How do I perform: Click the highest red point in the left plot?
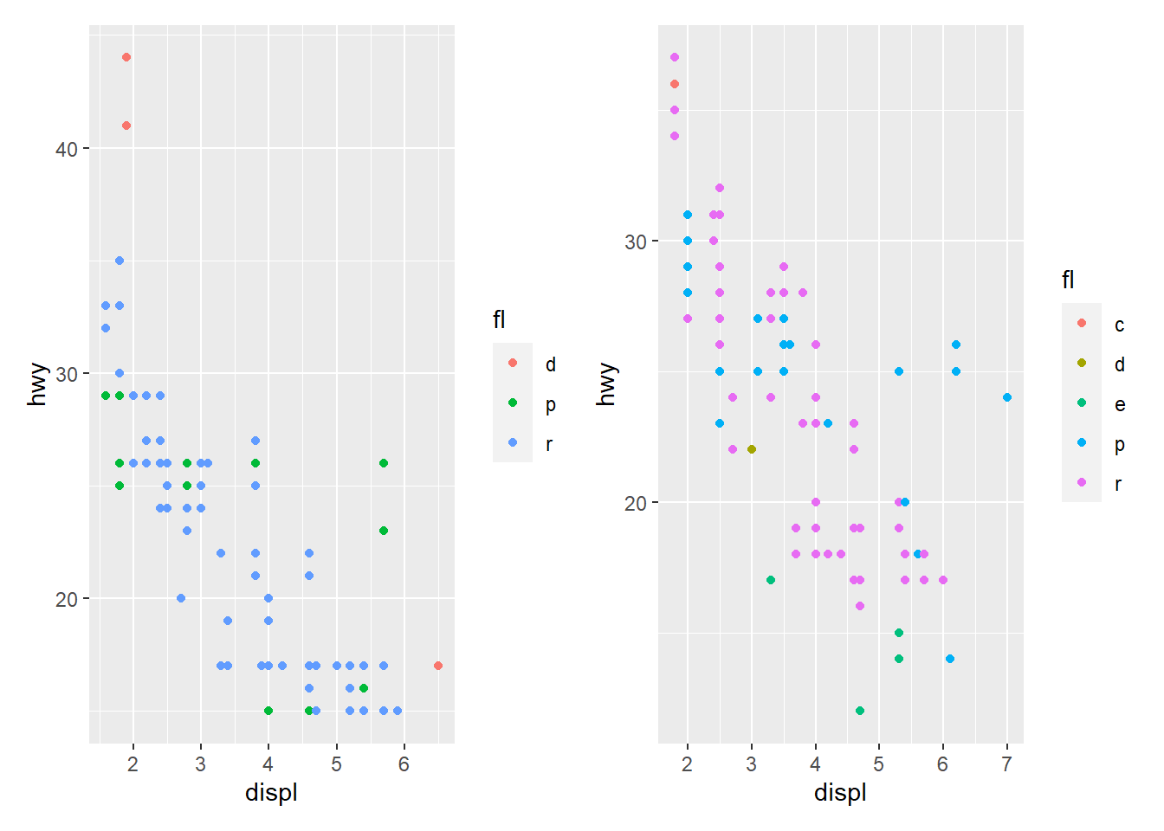[x=126, y=57]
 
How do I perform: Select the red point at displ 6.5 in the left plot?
[x=438, y=666]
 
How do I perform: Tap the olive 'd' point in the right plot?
[x=752, y=449]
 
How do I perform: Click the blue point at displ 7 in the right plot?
[x=1007, y=397]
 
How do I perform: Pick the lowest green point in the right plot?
[x=860, y=711]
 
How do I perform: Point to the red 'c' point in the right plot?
[x=675, y=84]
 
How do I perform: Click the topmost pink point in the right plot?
[x=675, y=57]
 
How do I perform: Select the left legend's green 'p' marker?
[x=513, y=403]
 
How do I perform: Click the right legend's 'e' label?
[x=1120, y=404]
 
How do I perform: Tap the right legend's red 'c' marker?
[x=1082, y=323]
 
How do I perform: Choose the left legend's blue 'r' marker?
[x=513, y=442]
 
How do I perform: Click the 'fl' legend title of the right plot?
[x=1068, y=280]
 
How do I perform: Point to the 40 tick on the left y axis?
[x=67, y=149]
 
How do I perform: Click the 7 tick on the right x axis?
[x=1007, y=765]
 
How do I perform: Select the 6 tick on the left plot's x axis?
[x=404, y=765]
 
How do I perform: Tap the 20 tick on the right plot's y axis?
[x=636, y=503]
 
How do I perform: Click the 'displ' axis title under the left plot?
[x=271, y=793]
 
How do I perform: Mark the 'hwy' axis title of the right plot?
[x=607, y=383]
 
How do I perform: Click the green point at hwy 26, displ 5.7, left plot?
[x=384, y=463]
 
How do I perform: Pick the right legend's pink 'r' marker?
[x=1082, y=482]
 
